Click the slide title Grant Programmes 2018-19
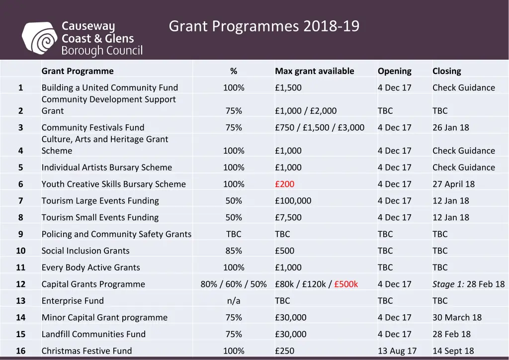pyautogui.click(x=263, y=26)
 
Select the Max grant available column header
pyautogui.click(x=314, y=71)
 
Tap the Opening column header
pyautogui.click(x=394, y=71)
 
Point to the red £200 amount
pyautogui.click(x=284, y=184)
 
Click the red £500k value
pyautogui.click(x=346, y=284)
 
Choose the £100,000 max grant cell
pyautogui.click(x=293, y=201)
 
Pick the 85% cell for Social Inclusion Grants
pyautogui.click(x=234, y=251)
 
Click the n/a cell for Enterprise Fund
pyautogui.click(x=234, y=301)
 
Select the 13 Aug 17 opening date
pyautogui.click(x=397, y=351)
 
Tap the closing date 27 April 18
pyautogui.click(x=453, y=184)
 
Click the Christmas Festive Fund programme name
pyautogui.click(x=86, y=351)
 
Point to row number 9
pyautogui.click(x=20, y=234)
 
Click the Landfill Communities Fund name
pyautogui.click(x=93, y=334)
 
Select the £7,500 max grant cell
pyautogui.click(x=288, y=217)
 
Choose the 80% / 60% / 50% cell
pyautogui.click(x=234, y=284)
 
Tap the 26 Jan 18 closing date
pyautogui.click(x=450, y=127)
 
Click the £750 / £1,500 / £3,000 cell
pyautogui.click(x=320, y=127)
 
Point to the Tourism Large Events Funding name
pyautogui.click(x=100, y=201)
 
